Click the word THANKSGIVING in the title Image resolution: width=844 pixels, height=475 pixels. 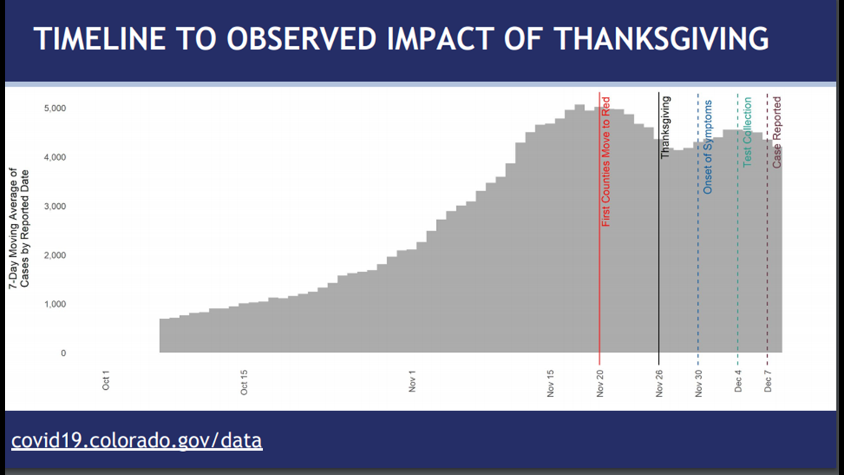tap(662, 39)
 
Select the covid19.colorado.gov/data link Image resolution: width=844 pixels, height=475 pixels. tap(137, 440)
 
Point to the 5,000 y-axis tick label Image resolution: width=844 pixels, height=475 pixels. tap(55, 108)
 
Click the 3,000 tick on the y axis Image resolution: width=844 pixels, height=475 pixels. tap(55, 206)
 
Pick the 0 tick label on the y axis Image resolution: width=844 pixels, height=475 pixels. tap(64, 353)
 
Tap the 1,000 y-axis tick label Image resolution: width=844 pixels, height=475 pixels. tap(55, 305)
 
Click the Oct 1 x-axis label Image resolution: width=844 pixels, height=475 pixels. tap(105, 380)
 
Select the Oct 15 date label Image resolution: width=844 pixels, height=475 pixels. tap(244, 382)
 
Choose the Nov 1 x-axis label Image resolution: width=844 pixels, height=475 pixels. tap(412, 381)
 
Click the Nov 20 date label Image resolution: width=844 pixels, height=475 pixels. tap(600, 383)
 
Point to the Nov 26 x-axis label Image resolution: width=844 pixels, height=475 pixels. tap(659, 383)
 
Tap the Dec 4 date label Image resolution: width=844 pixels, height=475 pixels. tap(738, 381)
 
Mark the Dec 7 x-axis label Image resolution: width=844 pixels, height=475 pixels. tap(768, 381)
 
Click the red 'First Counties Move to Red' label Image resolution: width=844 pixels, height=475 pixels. tap(606, 162)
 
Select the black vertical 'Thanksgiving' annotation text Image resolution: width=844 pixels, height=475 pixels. tap(666, 127)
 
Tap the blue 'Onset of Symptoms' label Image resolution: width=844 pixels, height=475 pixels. tap(707, 147)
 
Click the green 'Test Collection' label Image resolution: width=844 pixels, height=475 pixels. tap(747, 132)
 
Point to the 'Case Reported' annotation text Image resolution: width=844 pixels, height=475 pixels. tap(777, 133)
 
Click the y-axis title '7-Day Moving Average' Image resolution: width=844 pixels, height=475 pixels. tap(13, 228)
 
